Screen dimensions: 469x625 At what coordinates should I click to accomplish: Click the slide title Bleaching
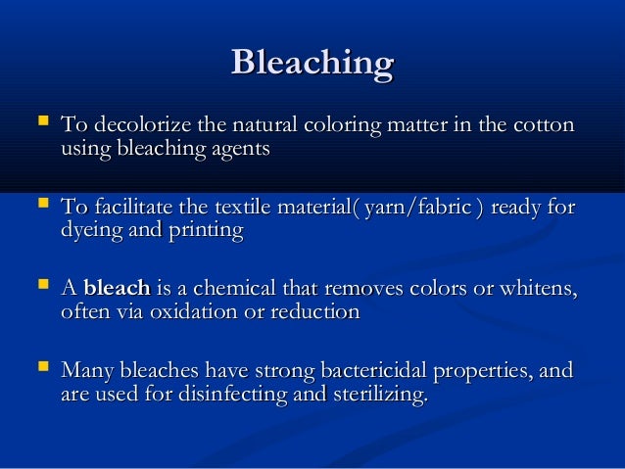[312, 64]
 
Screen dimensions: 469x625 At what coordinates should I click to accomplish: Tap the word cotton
[545, 126]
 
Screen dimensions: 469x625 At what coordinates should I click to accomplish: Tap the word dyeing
[93, 231]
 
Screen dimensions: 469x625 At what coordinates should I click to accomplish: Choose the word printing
[206, 231]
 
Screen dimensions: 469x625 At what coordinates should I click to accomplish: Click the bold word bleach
[117, 289]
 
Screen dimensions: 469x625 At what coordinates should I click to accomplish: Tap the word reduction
[312, 312]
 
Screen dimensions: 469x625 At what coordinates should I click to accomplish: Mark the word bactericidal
[390, 372]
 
